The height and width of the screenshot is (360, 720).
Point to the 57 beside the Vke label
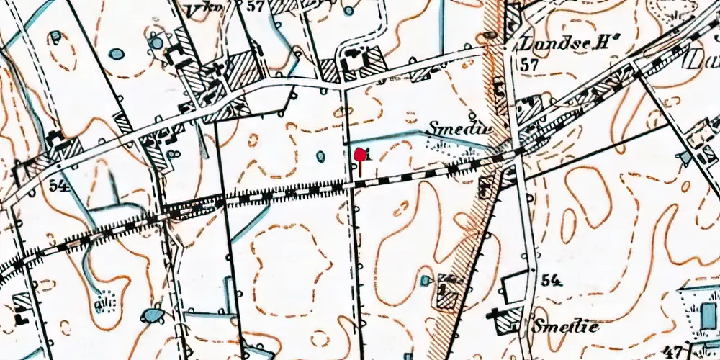[253, 7]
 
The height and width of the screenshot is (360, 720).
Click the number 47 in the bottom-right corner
[675, 351]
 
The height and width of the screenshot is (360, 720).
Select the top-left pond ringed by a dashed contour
[55, 35]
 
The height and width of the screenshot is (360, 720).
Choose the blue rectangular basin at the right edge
[708, 315]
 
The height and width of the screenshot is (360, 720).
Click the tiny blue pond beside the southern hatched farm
[426, 279]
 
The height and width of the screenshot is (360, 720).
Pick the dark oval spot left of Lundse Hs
[492, 34]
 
